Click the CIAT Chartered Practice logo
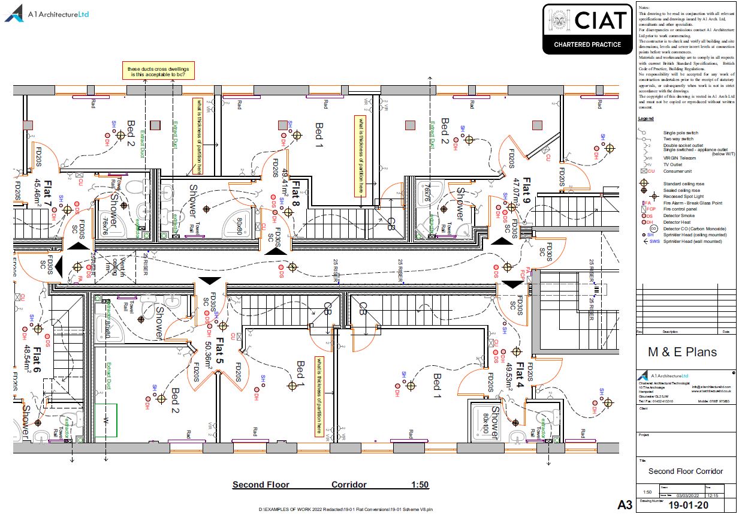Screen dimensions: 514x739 click(586, 28)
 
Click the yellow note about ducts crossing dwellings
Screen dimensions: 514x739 click(158, 73)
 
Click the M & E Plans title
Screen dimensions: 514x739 click(682, 352)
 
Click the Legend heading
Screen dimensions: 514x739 click(646, 119)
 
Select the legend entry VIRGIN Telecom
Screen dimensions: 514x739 click(680, 158)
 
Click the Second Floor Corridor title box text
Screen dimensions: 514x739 click(685, 471)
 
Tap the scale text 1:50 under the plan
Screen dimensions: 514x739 click(420, 485)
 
